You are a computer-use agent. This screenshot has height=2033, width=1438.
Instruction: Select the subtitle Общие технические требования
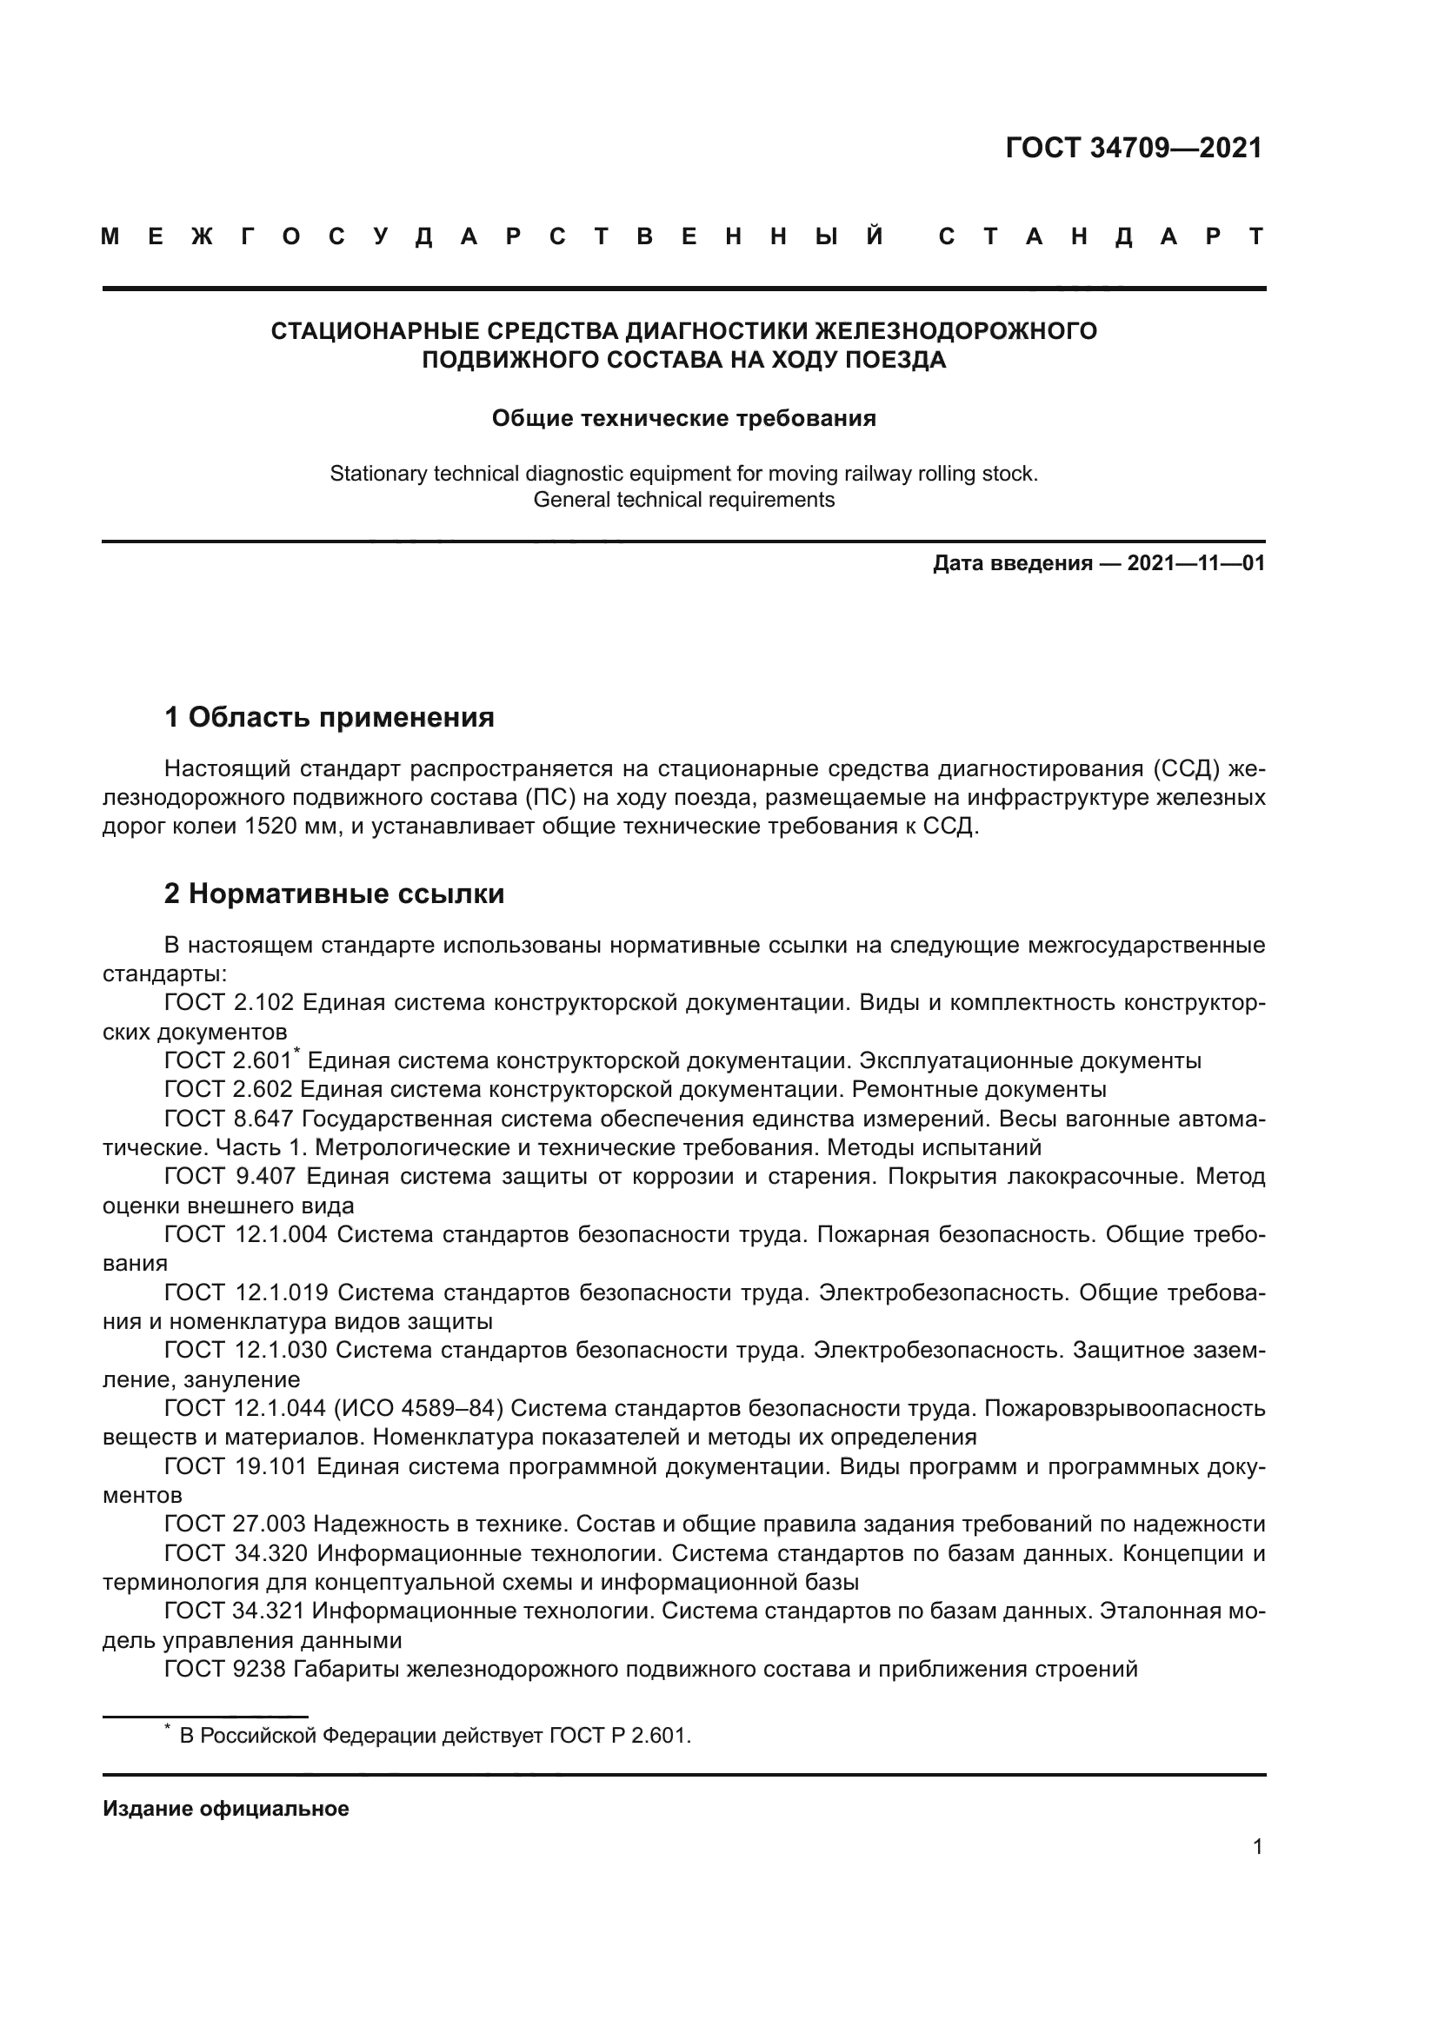tap(683, 418)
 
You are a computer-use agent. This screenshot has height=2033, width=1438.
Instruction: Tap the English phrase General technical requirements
tap(683, 500)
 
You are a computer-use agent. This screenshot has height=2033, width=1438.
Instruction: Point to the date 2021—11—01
tap(1195, 563)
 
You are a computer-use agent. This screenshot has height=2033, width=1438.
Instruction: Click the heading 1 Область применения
tap(330, 716)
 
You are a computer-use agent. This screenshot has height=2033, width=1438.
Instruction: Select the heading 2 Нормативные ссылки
tap(334, 894)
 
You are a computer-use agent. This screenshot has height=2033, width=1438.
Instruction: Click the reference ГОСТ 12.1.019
tap(246, 1292)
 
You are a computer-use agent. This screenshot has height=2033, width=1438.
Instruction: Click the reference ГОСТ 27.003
tap(235, 1524)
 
